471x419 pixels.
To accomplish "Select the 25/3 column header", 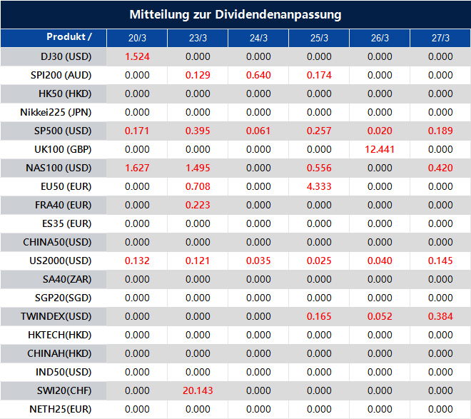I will tap(320, 38).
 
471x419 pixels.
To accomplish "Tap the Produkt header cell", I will tap(69, 37).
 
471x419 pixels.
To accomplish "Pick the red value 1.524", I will tap(137, 56).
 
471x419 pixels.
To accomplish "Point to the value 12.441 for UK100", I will tap(380, 149).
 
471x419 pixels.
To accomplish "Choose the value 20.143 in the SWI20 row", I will tap(198, 390).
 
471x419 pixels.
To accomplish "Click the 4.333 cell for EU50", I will tap(319, 186).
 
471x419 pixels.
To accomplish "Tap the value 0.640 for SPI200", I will tap(258, 75).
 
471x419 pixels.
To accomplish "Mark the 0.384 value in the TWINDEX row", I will tap(440, 316).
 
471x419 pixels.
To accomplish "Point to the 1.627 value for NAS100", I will tap(137, 168).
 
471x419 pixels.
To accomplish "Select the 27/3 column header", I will tap(441, 38).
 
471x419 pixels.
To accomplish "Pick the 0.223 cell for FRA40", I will tap(198, 205).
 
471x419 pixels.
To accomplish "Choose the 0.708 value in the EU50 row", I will tap(198, 186).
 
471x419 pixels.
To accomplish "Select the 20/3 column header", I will tap(137, 38).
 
